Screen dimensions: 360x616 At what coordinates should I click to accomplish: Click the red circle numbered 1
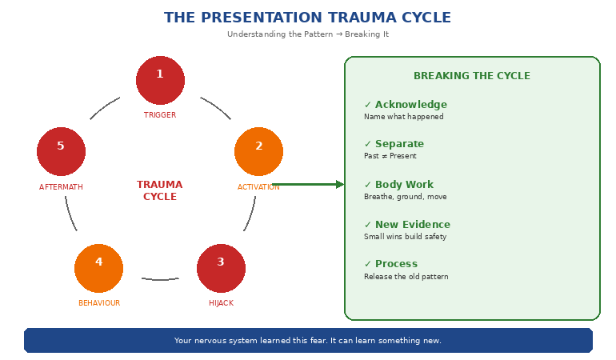[x=160, y=80]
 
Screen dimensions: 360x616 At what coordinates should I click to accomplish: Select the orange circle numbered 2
[x=258, y=151]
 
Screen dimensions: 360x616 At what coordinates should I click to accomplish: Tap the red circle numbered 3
[x=221, y=268]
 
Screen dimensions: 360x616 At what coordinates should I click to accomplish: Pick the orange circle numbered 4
[x=98, y=268]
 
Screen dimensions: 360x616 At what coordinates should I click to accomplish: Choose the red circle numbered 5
[x=61, y=151]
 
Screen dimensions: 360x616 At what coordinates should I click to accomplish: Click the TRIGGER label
[x=160, y=115]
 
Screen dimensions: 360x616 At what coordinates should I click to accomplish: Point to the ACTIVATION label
[x=258, y=187]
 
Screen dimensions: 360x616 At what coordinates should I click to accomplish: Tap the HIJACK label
[x=221, y=303]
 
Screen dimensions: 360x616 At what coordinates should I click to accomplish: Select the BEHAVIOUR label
[x=99, y=303]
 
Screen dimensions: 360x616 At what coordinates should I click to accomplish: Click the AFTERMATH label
[x=61, y=187]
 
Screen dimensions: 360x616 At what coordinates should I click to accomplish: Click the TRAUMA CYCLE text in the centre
[x=160, y=190]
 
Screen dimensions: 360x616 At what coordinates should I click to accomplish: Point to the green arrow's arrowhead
[x=340, y=184]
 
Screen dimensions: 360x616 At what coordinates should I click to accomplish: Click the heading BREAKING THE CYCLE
[x=471, y=76]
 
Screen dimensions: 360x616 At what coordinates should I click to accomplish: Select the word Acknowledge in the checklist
[x=411, y=105]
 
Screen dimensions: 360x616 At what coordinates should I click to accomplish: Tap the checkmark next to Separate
[x=368, y=144]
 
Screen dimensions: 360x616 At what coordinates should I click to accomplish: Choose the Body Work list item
[x=404, y=185]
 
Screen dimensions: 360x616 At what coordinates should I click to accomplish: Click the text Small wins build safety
[x=405, y=237]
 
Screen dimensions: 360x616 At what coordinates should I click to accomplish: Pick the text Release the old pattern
[x=406, y=277]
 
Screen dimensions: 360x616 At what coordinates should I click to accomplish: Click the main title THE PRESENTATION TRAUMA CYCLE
[x=307, y=18]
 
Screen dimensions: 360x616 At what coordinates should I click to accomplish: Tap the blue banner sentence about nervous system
[x=308, y=341]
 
